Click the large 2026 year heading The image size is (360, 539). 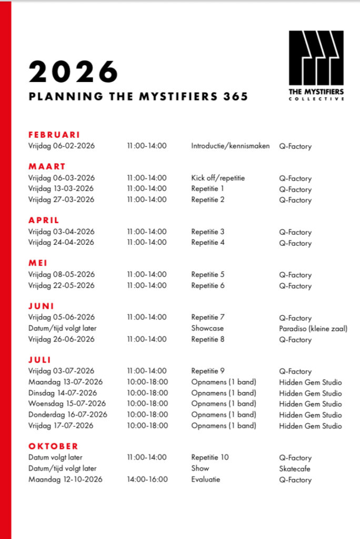tap(73, 72)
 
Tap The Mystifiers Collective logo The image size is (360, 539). tap(316, 65)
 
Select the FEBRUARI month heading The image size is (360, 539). tap(54, 135)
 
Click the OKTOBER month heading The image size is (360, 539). tap(53, 446)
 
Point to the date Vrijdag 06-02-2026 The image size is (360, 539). tap(62, 146)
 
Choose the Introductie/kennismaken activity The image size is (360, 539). tap(230, 146)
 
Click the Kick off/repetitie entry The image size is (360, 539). tap(218, 178)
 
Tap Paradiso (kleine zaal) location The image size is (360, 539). tap(313, 329)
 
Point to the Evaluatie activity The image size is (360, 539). tap(206, 479)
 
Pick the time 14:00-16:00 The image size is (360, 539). tap(147, 479)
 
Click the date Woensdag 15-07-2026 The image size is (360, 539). tap(67, 404)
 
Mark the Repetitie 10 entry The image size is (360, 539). tap(210, 457)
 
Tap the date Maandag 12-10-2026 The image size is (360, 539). tap(65, 479)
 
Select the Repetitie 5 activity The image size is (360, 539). tap(208, 274)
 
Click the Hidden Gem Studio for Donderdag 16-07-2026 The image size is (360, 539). tap(310, 415)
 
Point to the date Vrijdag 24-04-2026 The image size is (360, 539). tap(62, 242)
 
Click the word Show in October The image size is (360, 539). tap(200, 468)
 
